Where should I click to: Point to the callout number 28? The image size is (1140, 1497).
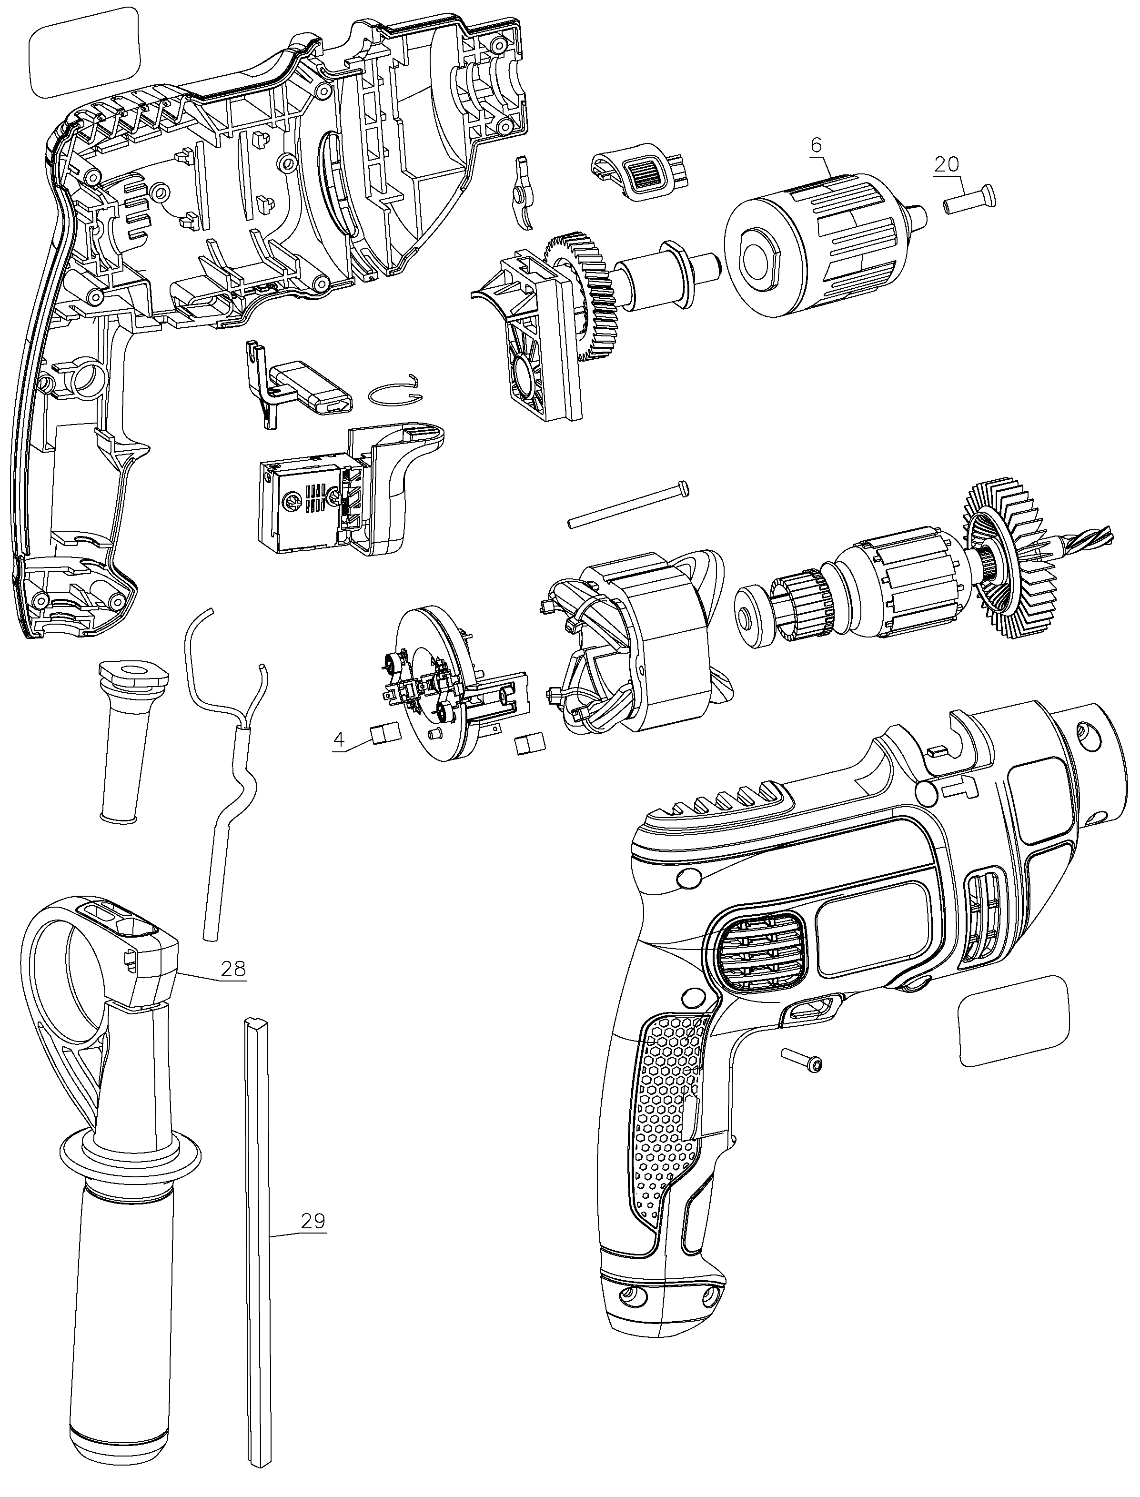pyautogui.click(x=233, y=968)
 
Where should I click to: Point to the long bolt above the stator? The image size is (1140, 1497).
pyautogui.click(x=628, y=503)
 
